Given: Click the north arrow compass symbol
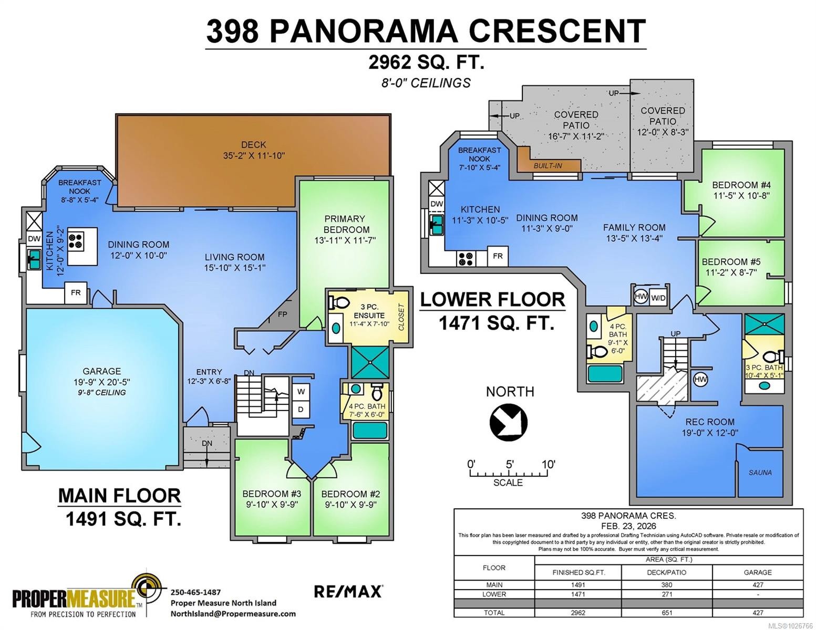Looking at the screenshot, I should click(508, 422).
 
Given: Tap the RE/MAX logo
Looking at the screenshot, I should click(348, 591).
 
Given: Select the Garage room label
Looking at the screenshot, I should click(101, 371).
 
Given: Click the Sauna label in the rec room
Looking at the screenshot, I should click(760, 472).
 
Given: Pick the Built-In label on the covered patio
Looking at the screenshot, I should click(548, 166).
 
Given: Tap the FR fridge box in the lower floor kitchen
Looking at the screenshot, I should click(498, 256).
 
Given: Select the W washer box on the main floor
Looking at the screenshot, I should click(301, 392).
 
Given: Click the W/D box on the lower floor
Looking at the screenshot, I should click(658, 298).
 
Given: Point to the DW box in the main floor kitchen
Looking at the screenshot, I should click(34, 239).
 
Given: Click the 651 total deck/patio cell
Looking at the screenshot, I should click(666, 612).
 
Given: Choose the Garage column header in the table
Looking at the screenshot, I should click(757, 572).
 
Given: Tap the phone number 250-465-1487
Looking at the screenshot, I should click(195, 592).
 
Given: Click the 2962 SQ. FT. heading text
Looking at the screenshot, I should click(426, 62).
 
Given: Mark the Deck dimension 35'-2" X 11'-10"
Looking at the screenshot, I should click(254, 155).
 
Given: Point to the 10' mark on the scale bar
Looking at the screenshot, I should click(548, 465).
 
